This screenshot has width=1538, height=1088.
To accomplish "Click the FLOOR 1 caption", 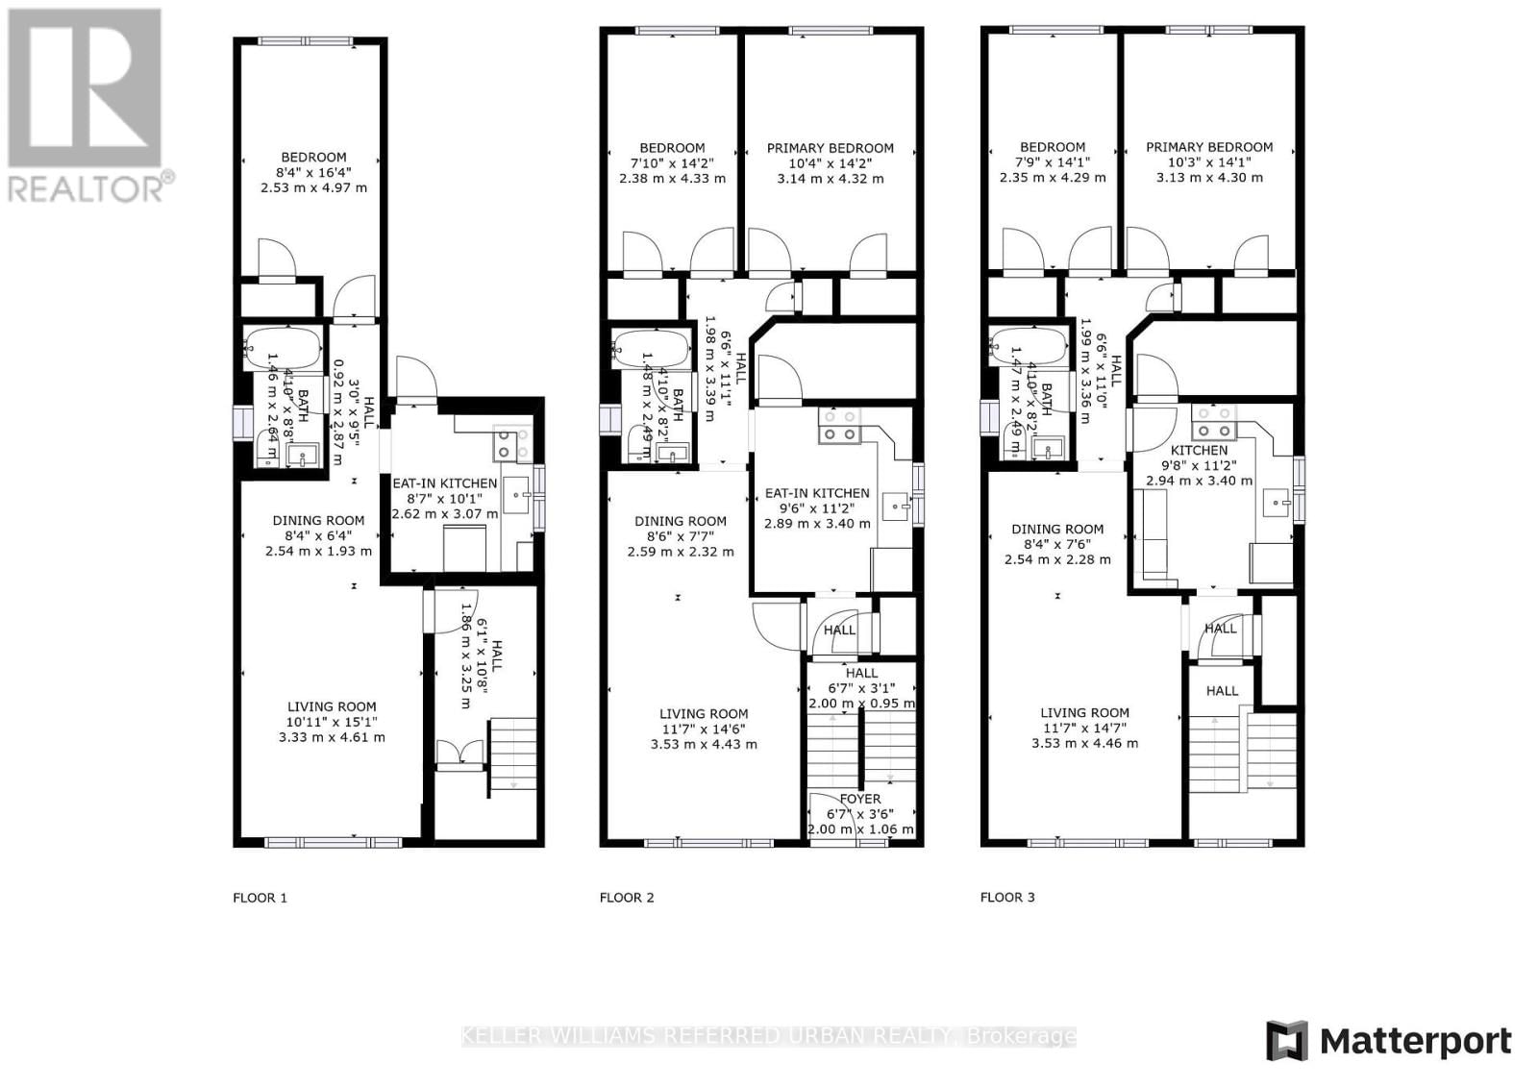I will point(260,898).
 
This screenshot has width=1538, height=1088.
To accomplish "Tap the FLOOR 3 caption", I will point(1007,897).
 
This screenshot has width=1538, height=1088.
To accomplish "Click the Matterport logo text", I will point(1415,1042).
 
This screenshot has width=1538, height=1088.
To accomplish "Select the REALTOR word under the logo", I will point(87,188).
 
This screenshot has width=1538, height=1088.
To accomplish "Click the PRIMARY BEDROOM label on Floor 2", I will point(830,148).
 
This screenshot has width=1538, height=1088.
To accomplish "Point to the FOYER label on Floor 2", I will point(859,799).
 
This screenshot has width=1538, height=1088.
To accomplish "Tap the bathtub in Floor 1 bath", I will point(283,348).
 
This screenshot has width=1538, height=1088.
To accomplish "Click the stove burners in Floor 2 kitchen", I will point(839,426).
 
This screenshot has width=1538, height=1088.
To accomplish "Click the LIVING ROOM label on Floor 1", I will point(332,706).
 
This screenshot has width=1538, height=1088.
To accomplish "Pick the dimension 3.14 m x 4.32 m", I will point(831,179).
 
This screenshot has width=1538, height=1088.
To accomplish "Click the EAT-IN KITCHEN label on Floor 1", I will point(444,483).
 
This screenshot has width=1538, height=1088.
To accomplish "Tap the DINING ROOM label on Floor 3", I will point(1057,529).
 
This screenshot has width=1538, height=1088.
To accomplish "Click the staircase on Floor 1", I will point(512,754).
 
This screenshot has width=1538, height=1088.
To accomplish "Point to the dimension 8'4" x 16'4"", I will point(313,172).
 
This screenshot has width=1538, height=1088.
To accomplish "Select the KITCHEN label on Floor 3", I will point(1199,450).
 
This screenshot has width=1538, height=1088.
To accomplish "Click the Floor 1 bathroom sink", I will point(306,457).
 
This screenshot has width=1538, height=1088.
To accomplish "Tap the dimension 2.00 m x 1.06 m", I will point(860,829).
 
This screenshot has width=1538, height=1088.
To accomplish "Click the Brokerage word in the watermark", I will point(1021,1036).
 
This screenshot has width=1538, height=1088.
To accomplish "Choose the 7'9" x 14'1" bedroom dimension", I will point(1053,162).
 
